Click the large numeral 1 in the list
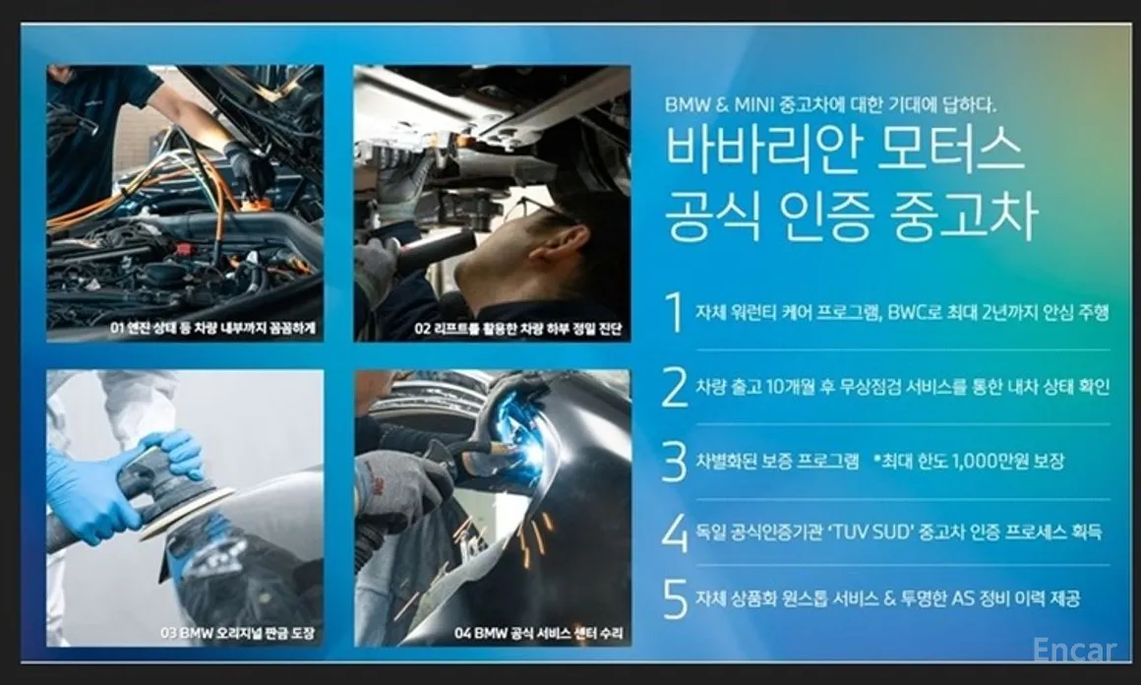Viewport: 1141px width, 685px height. click(x=674, y=313)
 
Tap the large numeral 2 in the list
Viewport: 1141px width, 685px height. click(x=674, y=387)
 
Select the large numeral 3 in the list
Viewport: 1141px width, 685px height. click(x=674, y=461)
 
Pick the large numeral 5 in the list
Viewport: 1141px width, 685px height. click(x=674, y=599)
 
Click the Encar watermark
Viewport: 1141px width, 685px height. click(x=1074, y=652)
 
